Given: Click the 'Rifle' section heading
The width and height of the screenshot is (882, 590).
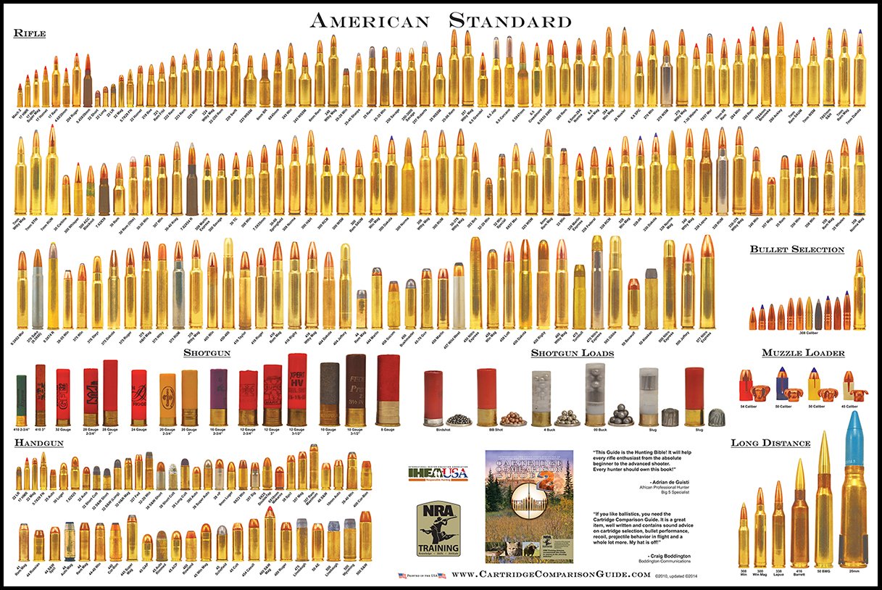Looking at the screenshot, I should pyautogui.click(x=30, y=33).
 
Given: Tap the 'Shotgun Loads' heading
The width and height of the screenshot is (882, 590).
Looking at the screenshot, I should pyautogui.click(x=572, y=353).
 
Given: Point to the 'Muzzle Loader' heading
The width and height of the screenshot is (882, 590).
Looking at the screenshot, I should pyautogui.click(x=803, y=353).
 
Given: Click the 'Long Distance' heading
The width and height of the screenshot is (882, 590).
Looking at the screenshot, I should pyautogui.click(x=770, y=442).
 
